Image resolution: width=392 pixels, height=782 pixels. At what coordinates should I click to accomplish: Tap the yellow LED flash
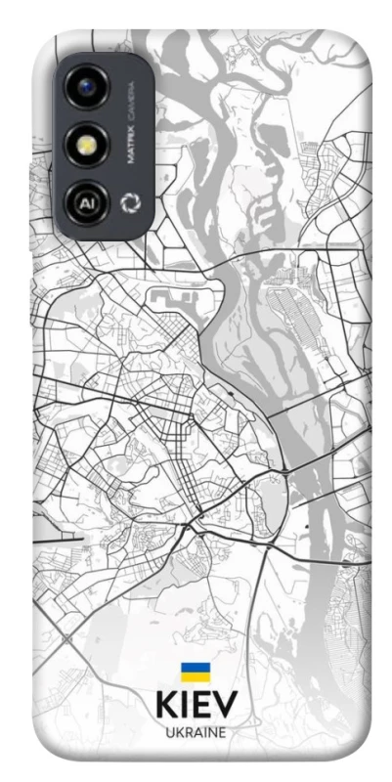tap(86, 146)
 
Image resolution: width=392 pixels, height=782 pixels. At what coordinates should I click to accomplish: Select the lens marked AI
tap(86, 203)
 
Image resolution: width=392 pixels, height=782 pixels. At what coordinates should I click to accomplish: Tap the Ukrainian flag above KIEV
tap(196, 672)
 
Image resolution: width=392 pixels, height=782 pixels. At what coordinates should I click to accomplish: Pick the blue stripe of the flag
tap(196, 667)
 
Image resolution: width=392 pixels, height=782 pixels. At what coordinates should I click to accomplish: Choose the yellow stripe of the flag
tap(196, 676)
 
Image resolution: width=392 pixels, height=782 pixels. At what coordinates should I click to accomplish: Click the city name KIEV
tap(196, 707)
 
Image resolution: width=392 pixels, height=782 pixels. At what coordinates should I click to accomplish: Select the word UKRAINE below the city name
tap(196, 732)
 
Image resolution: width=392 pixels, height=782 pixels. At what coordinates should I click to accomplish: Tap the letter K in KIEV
tap(167, 707)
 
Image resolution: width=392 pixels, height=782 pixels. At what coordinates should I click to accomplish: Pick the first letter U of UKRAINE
tap(170, 732)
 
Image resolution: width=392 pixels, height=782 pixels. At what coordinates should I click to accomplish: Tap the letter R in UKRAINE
tap(187, 732)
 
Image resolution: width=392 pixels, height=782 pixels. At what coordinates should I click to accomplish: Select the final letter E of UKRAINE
tap(222, 732)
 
